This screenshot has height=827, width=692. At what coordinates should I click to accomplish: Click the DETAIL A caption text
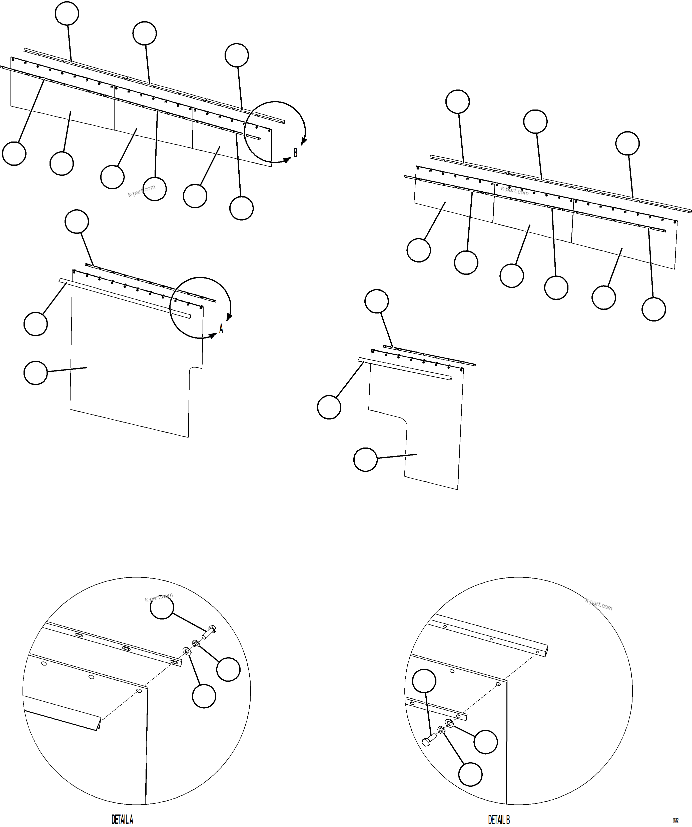(122, 820)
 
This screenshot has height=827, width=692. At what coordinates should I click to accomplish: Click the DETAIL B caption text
(499, 820)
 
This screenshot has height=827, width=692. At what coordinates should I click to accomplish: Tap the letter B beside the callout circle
(295, 152)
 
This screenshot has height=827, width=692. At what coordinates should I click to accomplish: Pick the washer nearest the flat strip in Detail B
(449, 723)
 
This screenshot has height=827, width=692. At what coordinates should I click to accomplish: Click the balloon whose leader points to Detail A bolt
(162, 607)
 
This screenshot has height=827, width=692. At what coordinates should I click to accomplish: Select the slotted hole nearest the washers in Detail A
(174, 662)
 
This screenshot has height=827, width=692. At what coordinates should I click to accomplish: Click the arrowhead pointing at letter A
(212, 335)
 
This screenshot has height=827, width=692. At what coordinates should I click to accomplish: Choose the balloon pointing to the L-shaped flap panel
(365, 459)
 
